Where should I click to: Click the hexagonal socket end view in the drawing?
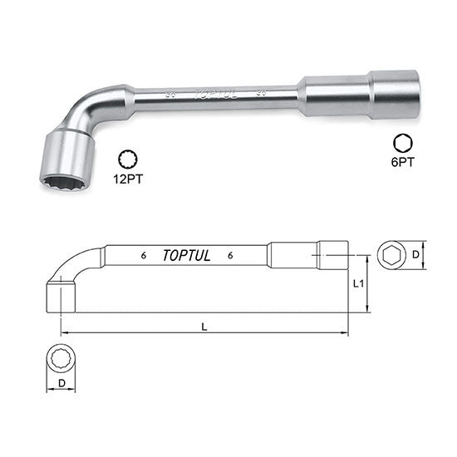pyautogui.click(x=391, y=256)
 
